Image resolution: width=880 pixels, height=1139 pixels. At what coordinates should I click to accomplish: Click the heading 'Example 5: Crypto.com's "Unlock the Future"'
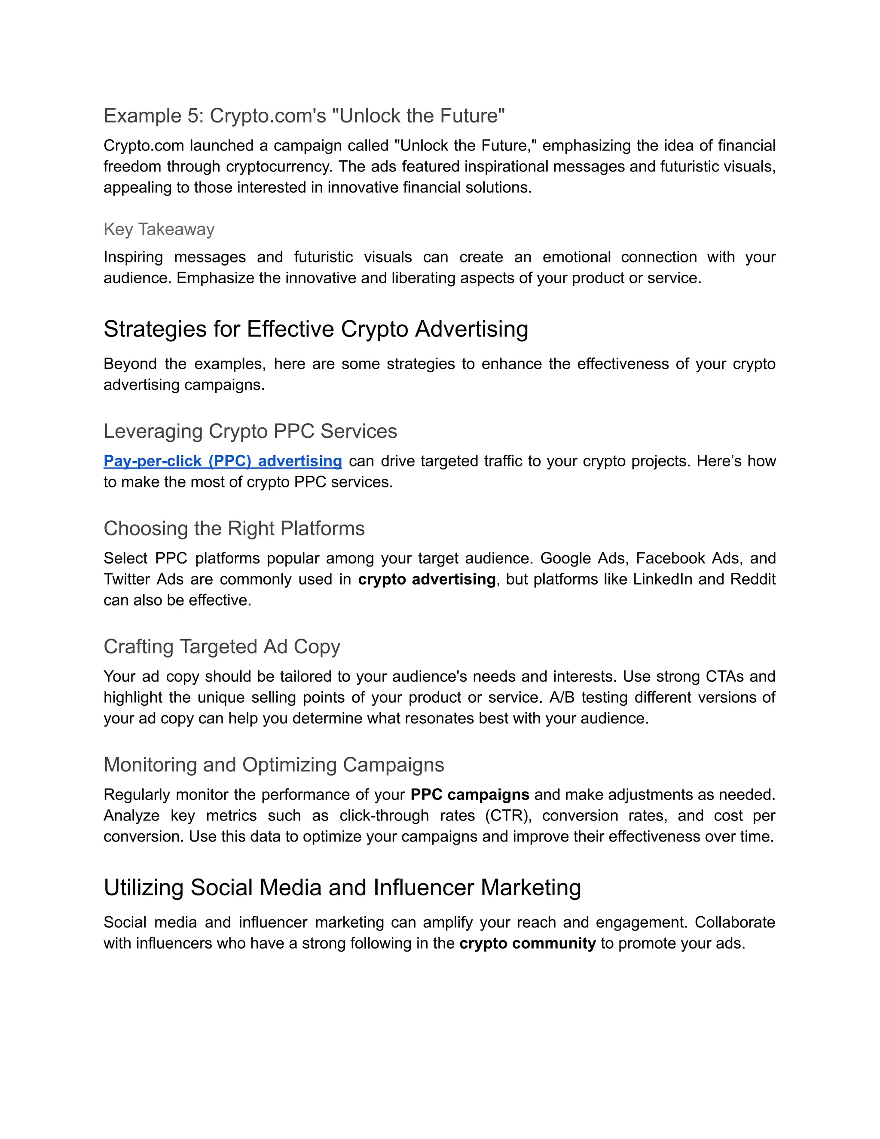point(304,116)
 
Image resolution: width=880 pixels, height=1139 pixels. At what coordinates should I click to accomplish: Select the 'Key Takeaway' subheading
point(159,230)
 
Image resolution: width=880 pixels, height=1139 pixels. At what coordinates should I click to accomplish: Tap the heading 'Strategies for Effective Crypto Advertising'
point(315,329)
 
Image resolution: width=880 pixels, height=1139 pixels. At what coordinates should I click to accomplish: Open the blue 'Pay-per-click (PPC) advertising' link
point(223,461)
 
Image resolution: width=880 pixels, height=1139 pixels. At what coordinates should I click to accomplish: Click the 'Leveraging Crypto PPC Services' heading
point(250,431)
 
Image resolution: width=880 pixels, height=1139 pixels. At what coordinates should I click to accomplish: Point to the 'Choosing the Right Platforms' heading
point(234,528)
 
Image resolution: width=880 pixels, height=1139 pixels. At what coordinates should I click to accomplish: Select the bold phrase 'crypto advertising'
point(426,579)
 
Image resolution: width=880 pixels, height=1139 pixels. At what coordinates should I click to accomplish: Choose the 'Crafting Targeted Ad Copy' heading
point(222,647)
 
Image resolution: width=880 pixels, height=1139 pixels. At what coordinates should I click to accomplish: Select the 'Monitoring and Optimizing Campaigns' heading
point(274,765)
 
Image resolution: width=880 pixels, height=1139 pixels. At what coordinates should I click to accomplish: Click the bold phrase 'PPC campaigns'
point(470,795)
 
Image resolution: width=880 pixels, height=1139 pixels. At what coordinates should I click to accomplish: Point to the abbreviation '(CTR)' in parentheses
point(508,816)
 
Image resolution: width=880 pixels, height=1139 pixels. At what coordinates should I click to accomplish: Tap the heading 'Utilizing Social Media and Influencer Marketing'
point(342,888)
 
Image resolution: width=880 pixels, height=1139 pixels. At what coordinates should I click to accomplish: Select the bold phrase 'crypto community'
point(527,943)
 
